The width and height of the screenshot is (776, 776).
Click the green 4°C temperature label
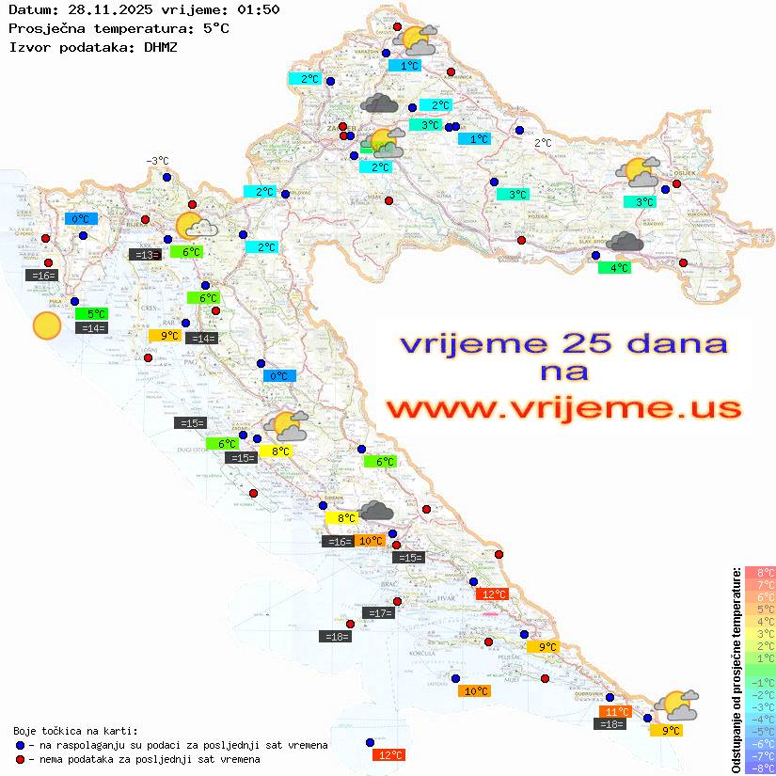coord(615,268)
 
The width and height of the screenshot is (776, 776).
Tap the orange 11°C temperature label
coord(615,712)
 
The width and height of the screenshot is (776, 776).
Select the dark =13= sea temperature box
coord(145,254)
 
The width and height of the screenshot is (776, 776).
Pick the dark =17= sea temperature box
coord(377,613)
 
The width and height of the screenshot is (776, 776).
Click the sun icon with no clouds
coord(46,325)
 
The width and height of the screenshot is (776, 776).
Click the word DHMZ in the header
coord(159,45)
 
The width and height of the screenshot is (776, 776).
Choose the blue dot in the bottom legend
coord(21,745)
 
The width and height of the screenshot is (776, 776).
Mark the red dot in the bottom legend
coord(21,759)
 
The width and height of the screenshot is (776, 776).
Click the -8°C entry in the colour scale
coord(760,768)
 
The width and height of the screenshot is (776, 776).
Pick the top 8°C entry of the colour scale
coord(760,573)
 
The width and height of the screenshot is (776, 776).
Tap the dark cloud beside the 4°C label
coord(625,243)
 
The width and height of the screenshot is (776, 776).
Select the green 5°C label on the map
coord(95,313)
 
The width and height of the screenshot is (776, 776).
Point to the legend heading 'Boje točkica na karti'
coord(75,731)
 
